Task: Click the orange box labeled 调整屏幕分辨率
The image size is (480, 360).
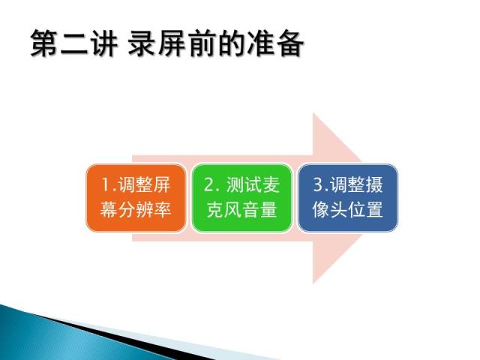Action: point(136,198)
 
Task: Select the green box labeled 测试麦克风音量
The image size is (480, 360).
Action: point(241,198)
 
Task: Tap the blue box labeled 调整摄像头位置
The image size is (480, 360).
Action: point(348,198)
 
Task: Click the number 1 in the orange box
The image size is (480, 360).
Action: point(106,185)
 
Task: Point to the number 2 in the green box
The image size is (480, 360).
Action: point(209,185)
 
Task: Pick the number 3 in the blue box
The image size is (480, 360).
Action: point(318,185)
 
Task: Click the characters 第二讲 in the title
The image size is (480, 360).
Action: point(74,43)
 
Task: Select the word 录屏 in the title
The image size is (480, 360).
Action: point(157,43)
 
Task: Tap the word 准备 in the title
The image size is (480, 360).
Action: point(275,43)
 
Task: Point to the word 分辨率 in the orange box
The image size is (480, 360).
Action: point(145,210)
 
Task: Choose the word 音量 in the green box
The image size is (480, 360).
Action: point(259,210)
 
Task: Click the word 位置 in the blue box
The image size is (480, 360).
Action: point(365,210)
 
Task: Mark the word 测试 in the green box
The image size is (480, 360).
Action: point(244,185)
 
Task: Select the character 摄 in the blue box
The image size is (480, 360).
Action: point(374,185)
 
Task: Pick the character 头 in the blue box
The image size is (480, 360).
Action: point(339,210)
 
